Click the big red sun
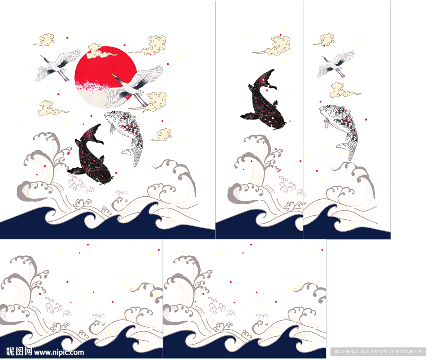[105, 77]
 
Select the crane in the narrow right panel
[336, 64]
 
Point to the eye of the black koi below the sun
[97, 180]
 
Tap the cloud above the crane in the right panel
[325, 39]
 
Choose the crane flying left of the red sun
[58, 65]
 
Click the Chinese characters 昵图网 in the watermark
[19, 352]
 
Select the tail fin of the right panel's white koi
[348, 149]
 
